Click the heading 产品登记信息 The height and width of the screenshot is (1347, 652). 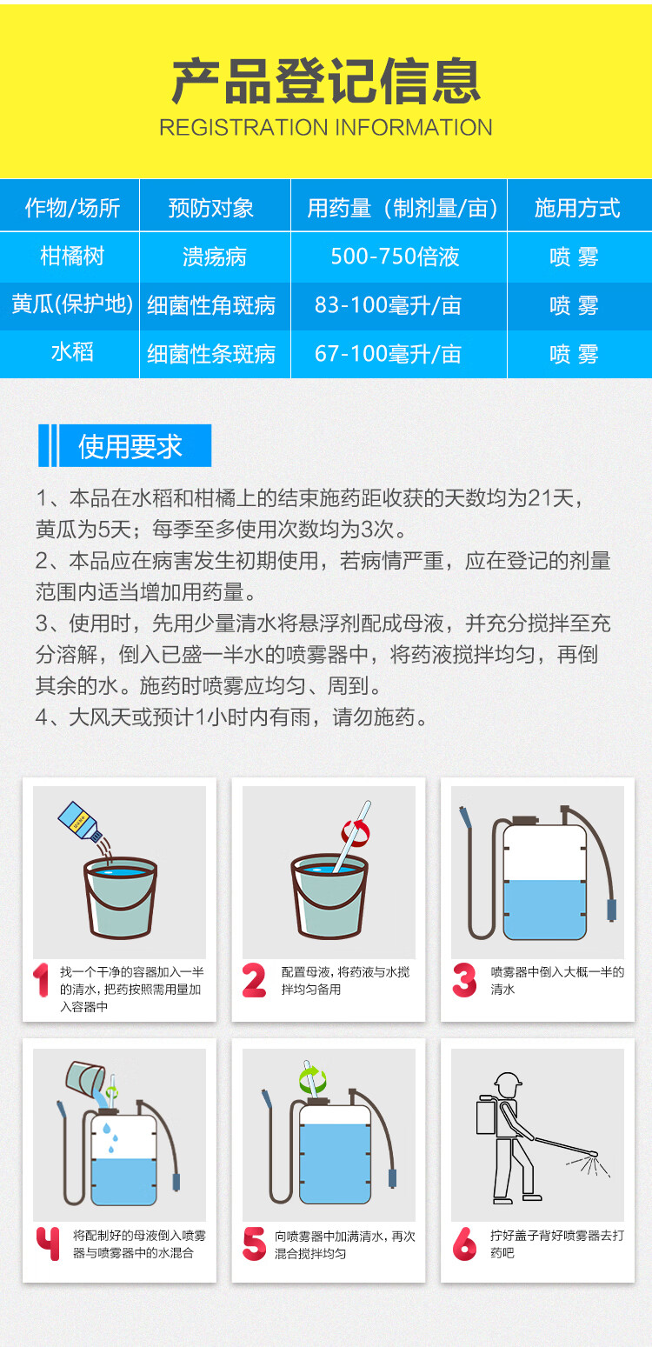point(326,81)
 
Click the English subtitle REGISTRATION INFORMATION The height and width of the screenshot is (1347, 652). point(326,128)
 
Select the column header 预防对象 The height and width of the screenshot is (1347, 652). point(211,208)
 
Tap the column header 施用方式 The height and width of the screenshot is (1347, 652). point(577,208)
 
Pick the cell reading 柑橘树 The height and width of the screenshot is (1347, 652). point(72,257)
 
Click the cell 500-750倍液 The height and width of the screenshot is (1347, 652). point(395,257)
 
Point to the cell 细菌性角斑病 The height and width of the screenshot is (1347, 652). point(211,305)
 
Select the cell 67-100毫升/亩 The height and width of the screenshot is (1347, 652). point(389,354)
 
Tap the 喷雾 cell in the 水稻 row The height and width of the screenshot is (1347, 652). point(574,354)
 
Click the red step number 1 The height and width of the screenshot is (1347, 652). point(41,980)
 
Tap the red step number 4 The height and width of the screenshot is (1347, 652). point(48,1244)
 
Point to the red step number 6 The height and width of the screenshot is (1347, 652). point(464,1244)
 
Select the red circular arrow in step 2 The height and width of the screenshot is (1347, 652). point(356,833)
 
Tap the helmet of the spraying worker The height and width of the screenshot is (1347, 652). point(508,1082)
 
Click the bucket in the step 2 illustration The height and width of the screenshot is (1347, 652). point(329,896)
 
